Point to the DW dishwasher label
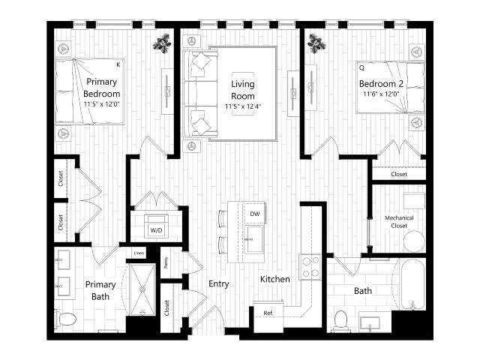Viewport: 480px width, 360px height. coord(254,214)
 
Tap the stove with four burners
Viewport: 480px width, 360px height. coord(310,266)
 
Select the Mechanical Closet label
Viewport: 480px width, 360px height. coord(399,222)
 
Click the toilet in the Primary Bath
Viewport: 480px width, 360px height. coord(66,319)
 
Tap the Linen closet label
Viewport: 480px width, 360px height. coord(139,253)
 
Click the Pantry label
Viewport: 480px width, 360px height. coord(166,262)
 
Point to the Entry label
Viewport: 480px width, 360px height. coord(219,284)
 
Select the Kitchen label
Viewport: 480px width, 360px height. coord(275,279)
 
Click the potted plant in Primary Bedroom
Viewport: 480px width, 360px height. coord(161,43)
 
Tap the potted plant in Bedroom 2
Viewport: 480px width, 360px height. coord(317,43)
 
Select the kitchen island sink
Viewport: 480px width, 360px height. coord(253,244)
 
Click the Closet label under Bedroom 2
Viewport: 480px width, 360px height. coord(399,174)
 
